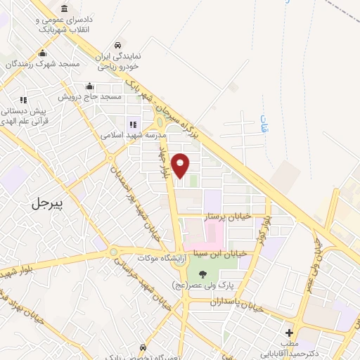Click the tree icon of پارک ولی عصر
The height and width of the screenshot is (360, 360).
202,274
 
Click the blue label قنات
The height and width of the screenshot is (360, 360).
264,125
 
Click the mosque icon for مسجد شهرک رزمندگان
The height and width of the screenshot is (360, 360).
43,53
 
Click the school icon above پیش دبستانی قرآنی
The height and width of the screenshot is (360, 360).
23,100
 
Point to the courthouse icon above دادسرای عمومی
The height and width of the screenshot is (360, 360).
65,8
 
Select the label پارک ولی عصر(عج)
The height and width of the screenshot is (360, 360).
202,286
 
